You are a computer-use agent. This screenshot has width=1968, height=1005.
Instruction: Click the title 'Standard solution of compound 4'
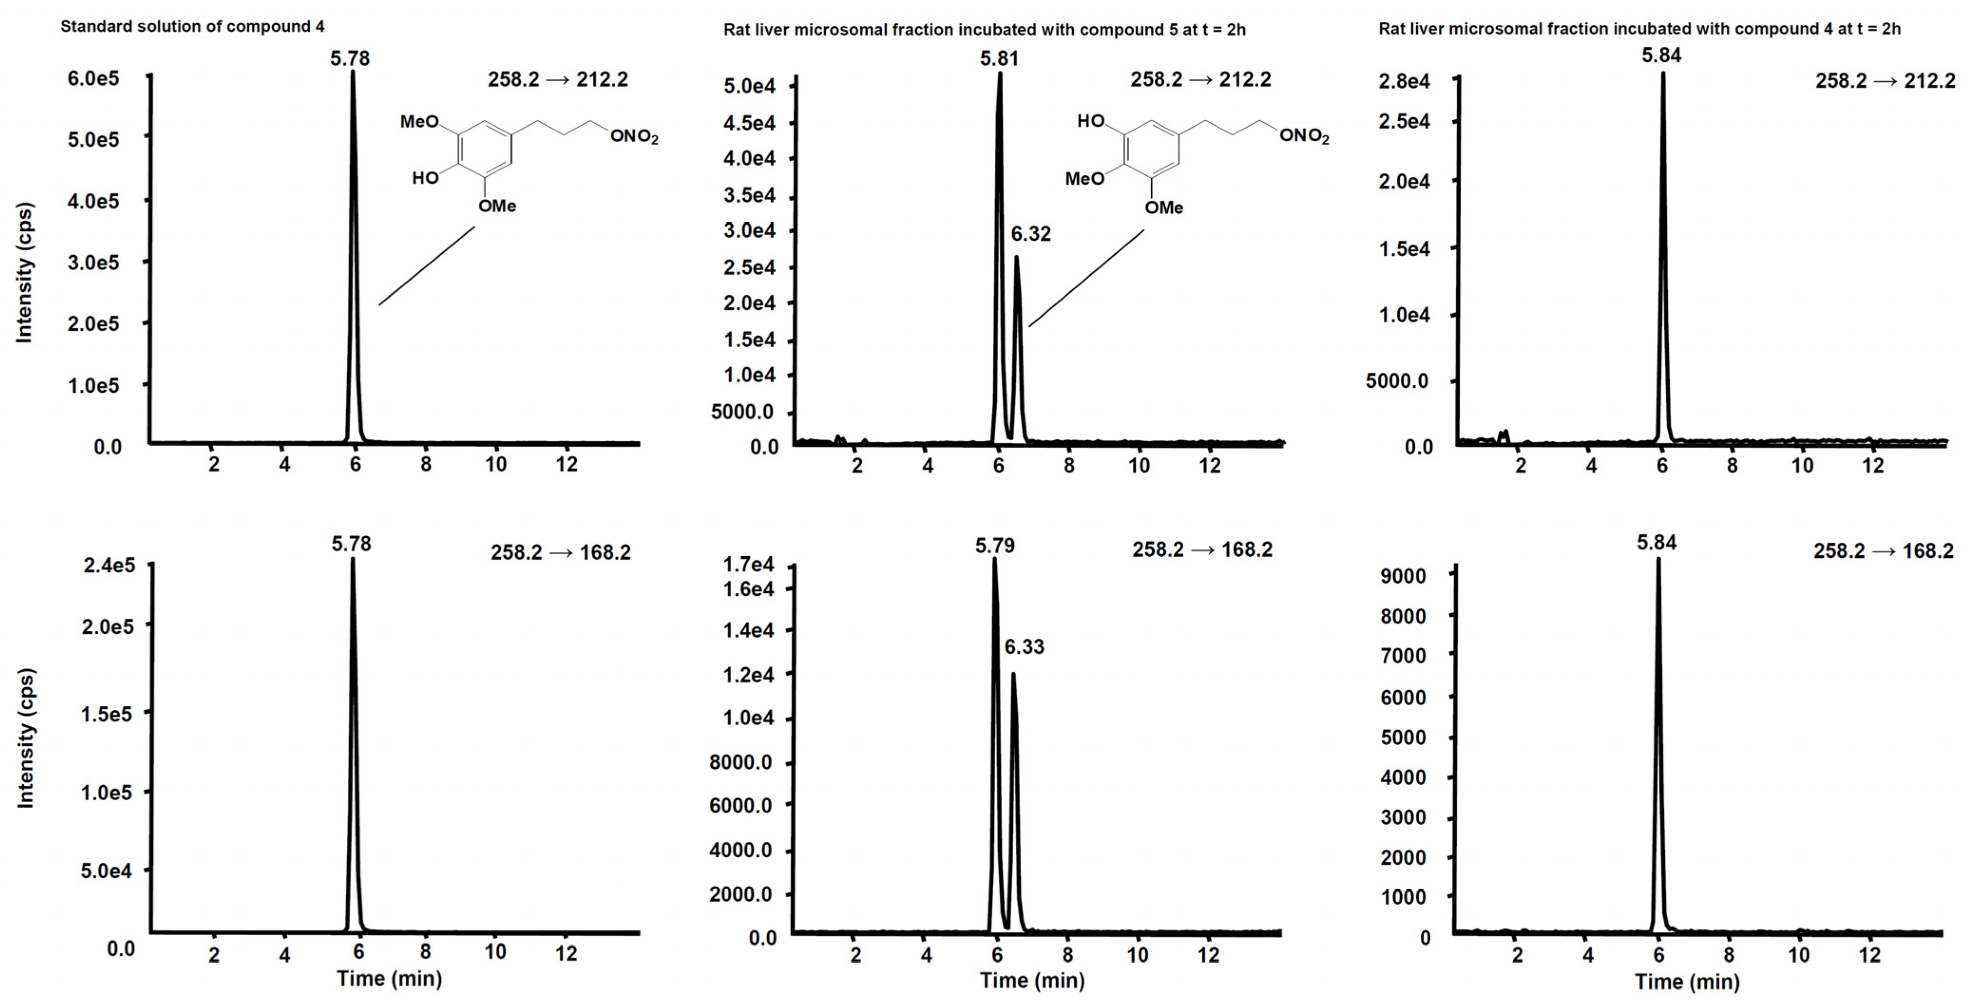pos(192,27)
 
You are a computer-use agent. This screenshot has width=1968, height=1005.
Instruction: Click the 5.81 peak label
pos(999,59)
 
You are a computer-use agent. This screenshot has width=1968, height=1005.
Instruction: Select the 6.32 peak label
pos(1031,234)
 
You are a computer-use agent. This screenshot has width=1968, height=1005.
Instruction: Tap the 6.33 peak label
pos(1024,647)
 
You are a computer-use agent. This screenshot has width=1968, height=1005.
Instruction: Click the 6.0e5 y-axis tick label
pos(93,79)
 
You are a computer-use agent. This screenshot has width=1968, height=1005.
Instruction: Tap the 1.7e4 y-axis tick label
pos(748,564)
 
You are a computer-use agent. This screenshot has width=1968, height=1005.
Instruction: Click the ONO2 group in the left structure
pos(633,137)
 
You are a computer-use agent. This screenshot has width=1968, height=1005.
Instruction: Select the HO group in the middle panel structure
pos(1091,121)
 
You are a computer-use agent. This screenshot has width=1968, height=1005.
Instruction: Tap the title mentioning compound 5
pos(984,30)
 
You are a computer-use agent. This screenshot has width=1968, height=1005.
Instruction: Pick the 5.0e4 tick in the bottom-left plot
pos(106,871)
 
